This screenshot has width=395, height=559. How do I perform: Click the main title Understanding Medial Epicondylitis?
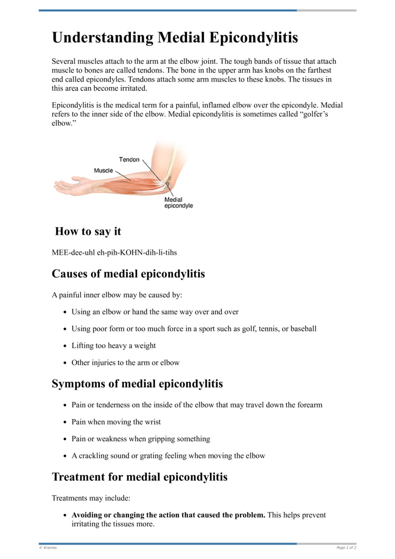(x=175, y=38)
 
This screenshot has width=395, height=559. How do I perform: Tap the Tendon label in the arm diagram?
(x=129, y=160)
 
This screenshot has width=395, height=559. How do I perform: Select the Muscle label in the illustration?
(x=103, y=171)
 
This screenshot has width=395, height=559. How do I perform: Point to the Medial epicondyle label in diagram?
(x=178, y=203)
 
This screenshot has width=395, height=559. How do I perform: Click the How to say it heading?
(x=88, y=231)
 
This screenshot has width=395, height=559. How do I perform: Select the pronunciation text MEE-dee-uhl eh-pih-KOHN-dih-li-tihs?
(x=115, y=252)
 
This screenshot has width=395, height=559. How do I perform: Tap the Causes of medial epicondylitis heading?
(x=128, y=274)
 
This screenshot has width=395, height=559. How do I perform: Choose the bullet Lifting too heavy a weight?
(x=114, y=346)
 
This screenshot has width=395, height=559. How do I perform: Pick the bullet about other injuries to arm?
(x=125, y=363)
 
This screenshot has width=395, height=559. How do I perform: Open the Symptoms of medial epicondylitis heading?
(x=137, y=384)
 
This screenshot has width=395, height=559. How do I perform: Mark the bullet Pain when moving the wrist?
(x=116, y=422)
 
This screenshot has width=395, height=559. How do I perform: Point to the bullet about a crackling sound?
(x=168, y=456)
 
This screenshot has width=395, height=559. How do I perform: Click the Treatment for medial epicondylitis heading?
(x=140, y=477)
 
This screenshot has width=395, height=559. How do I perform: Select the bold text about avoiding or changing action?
(x=168, y=515)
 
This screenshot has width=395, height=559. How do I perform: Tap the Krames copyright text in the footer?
(x=48, y=548)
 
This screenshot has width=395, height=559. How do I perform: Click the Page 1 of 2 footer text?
(x=346, y=548)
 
